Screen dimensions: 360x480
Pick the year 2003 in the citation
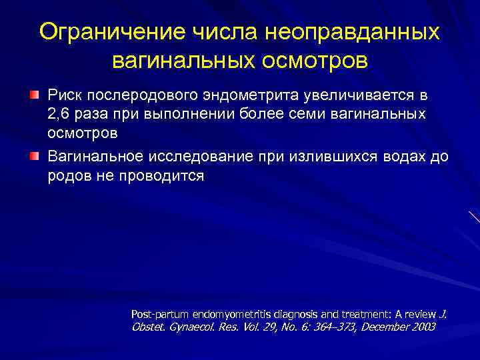pyautogui.click(x=422, y=327)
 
